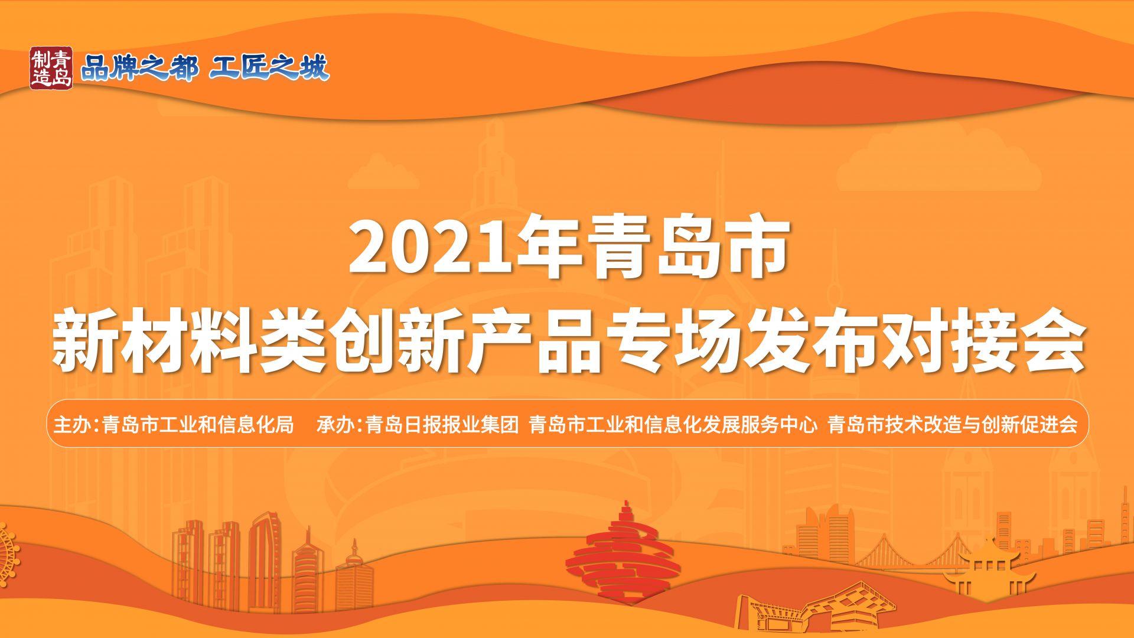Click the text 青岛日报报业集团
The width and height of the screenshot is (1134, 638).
[442, 425]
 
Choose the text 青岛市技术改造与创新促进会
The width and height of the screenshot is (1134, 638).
[953, 425]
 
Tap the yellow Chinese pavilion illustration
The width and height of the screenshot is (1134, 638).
[989, 567]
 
